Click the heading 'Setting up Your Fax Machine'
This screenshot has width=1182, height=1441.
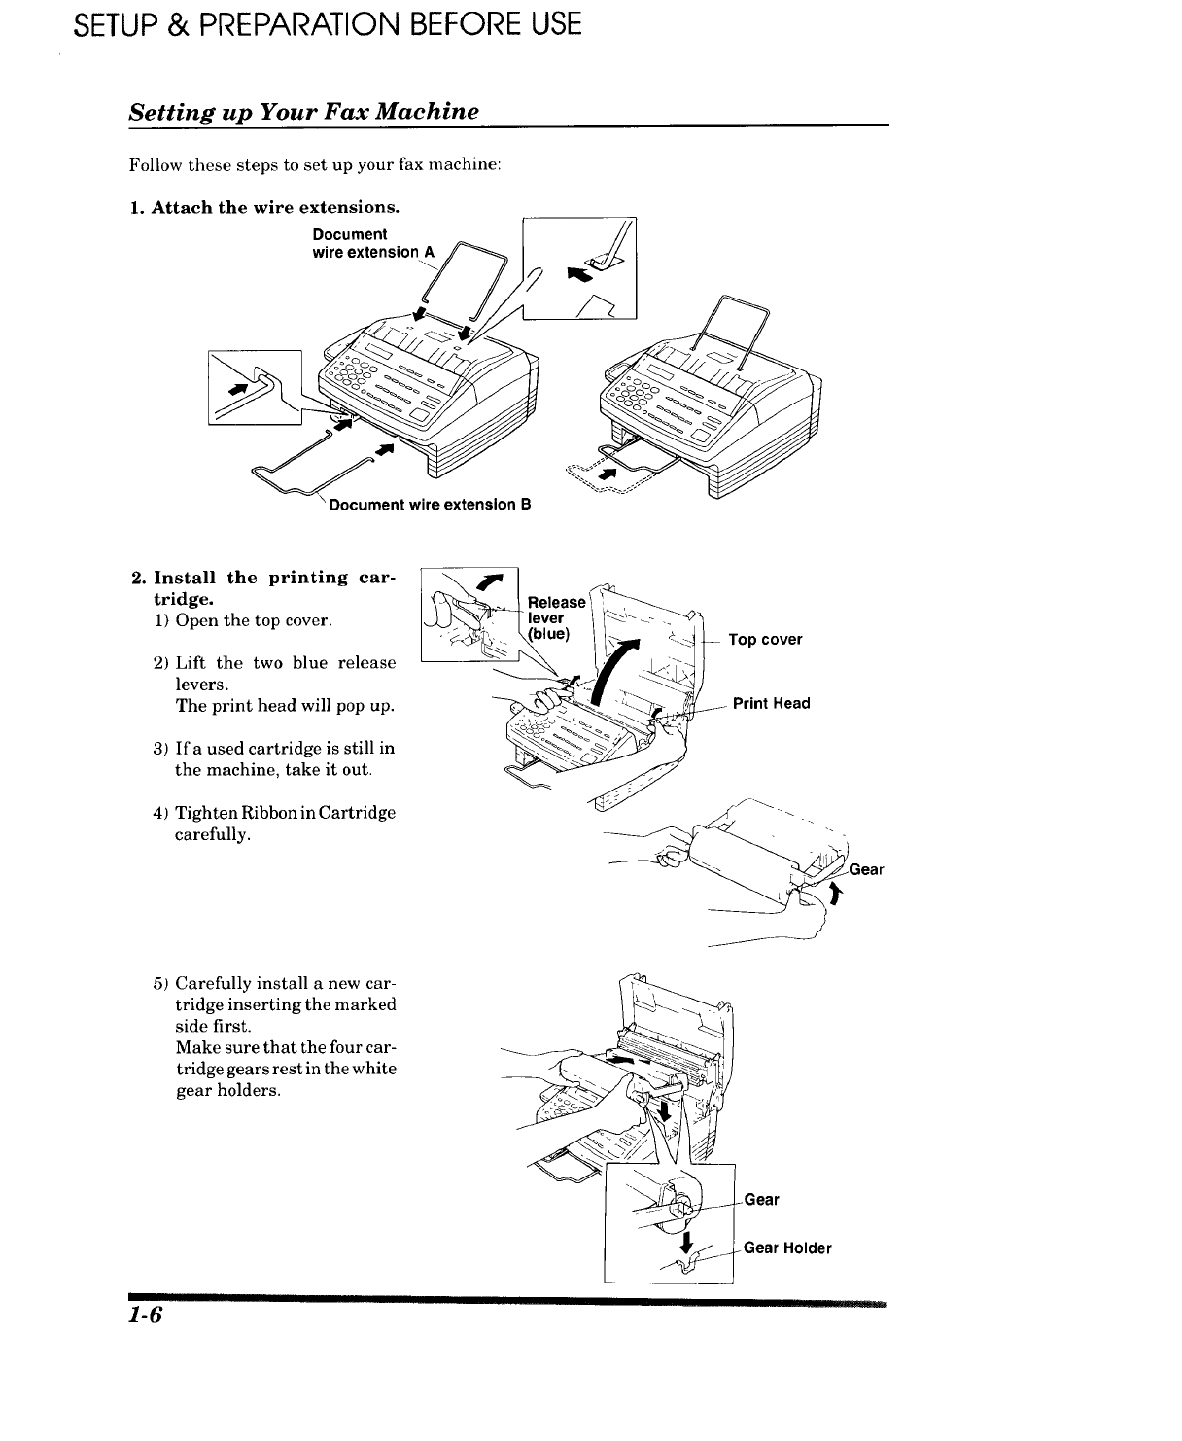click(304, 111)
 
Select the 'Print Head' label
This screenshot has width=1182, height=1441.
click(771, 703)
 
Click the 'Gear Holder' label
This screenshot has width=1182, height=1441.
click(787, 1248)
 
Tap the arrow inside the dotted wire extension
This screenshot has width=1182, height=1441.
click(608, 474)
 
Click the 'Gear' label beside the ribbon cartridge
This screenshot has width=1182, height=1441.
click(865, 869)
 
